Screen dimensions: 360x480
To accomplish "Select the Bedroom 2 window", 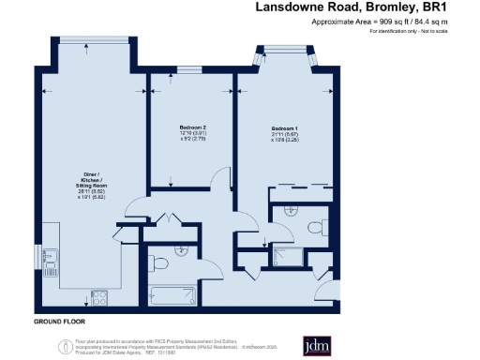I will click(191, 71).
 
